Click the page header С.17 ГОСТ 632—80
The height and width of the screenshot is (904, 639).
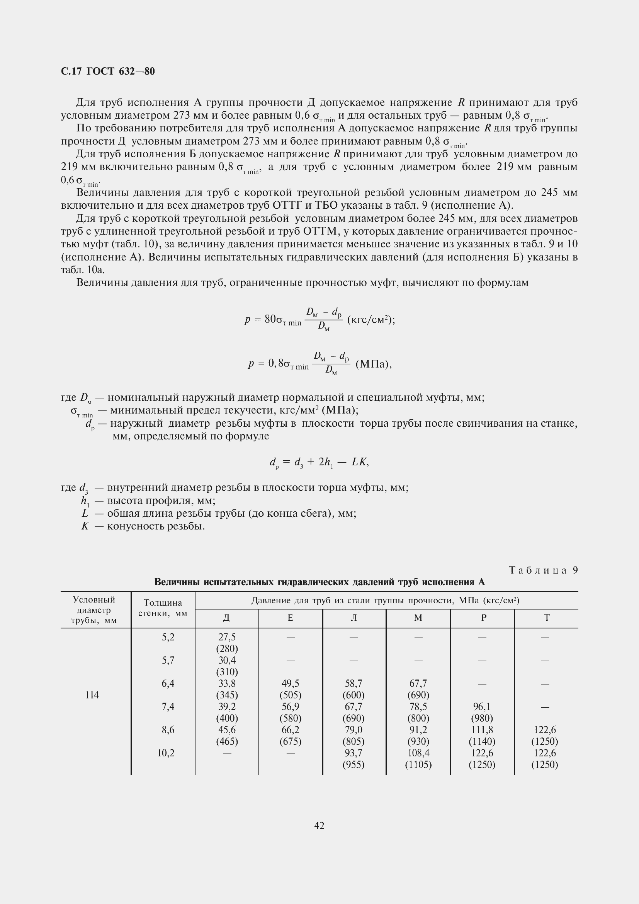click(108, 71)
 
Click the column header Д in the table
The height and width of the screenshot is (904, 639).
click(227, 618)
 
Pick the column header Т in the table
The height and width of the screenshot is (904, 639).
click(547, 618)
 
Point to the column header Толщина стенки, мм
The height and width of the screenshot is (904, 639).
click(163, 608)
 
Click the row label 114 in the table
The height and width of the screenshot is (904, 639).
click(92, 695)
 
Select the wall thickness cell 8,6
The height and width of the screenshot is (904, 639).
click(168, 730)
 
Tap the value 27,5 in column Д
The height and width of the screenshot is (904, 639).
click(227, 637)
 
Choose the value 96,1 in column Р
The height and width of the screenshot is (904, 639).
click(482, 707)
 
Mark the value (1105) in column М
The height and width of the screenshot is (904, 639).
click(418, 764)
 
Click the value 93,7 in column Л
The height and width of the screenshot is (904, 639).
click(353, 753)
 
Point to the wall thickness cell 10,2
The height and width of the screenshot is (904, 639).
click(166, 753)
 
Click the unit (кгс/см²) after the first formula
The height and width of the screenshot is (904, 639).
click(370, 319)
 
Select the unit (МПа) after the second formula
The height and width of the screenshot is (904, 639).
click(374, 364)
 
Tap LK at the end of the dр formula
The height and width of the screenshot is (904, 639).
click(359, 461)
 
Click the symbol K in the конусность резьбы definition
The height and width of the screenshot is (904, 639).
click(85, 526)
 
